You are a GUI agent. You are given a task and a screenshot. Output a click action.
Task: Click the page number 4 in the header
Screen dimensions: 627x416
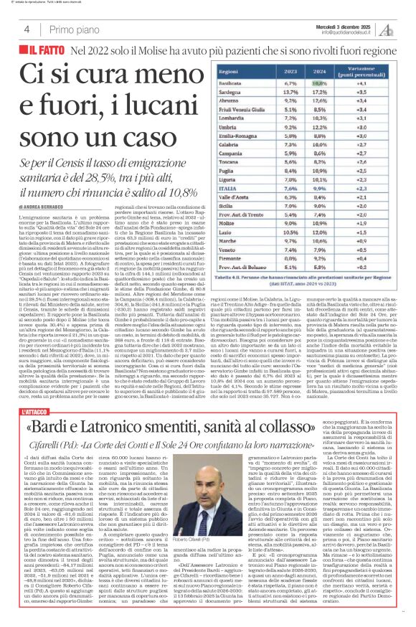26,29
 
